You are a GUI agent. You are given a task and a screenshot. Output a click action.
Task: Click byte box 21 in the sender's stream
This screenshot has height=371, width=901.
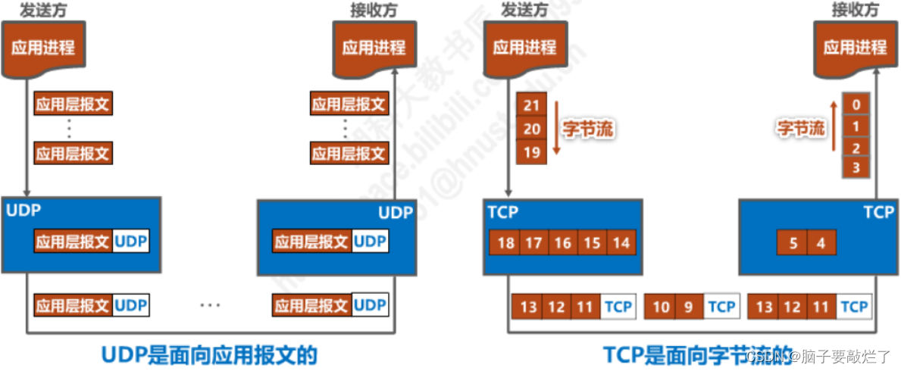pyautogui.click(x=531, y=105)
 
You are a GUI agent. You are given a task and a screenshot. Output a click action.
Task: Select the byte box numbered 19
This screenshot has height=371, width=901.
pyautogui.click(x=531, y=152)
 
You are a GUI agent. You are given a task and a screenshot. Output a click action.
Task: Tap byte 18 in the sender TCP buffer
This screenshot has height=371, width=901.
pyautogui.click(x=505, y=243)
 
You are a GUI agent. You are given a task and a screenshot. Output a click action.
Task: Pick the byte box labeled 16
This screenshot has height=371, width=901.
pyautogui.click(x=562, y=243)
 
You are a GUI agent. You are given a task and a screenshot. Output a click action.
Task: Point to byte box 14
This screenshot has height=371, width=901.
pyautogui.click(x=621, y=243)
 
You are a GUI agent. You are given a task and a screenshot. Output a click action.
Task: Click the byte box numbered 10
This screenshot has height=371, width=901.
pyautogui.click(x=661, y=307)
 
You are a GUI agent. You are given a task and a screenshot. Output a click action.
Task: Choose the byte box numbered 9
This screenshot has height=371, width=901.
pyautogui.click(x=689, y=307)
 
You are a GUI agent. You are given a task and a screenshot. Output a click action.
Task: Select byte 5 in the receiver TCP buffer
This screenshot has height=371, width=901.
pyautogui.click(x=793, y=243)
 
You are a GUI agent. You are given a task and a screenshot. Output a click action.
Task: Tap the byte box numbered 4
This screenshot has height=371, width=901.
pyautogui.click(x=821, y=243)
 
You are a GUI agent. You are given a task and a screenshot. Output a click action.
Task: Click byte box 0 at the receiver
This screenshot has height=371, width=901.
pyautogui.click(x=856, y=104)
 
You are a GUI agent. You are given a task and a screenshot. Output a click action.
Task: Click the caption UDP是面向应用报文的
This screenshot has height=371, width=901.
pyautogui.click(x=209, y=354)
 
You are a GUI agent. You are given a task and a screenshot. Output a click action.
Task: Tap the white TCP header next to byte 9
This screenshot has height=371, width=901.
pyautogui.click(x=721, y=307)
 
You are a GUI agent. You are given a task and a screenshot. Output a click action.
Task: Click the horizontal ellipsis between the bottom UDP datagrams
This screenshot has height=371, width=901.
pyautogui.click(x=210, y=305)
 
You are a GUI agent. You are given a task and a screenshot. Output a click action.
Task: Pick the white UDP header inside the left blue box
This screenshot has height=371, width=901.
pyautogui.click(x=131, y=242)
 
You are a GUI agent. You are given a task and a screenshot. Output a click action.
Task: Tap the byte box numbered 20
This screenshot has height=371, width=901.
pyautogui.click(x=531, y=129)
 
